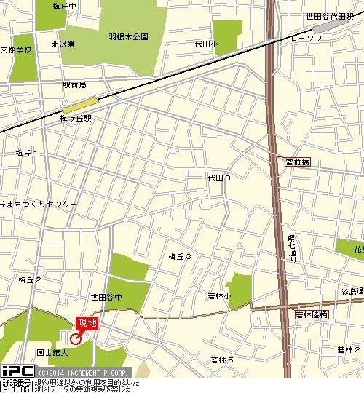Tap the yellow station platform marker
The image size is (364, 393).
(x=82, y=104)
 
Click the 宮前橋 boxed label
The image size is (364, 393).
(x=297, y=162)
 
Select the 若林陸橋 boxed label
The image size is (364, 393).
(x=312, y=314)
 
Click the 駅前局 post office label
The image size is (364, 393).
(x=75, y=85)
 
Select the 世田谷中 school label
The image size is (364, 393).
(x=106, y=297)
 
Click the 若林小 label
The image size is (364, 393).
(x=218, y=295)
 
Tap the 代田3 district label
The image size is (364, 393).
(x=219, y=178)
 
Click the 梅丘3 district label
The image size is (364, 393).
(x=179, y=256)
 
